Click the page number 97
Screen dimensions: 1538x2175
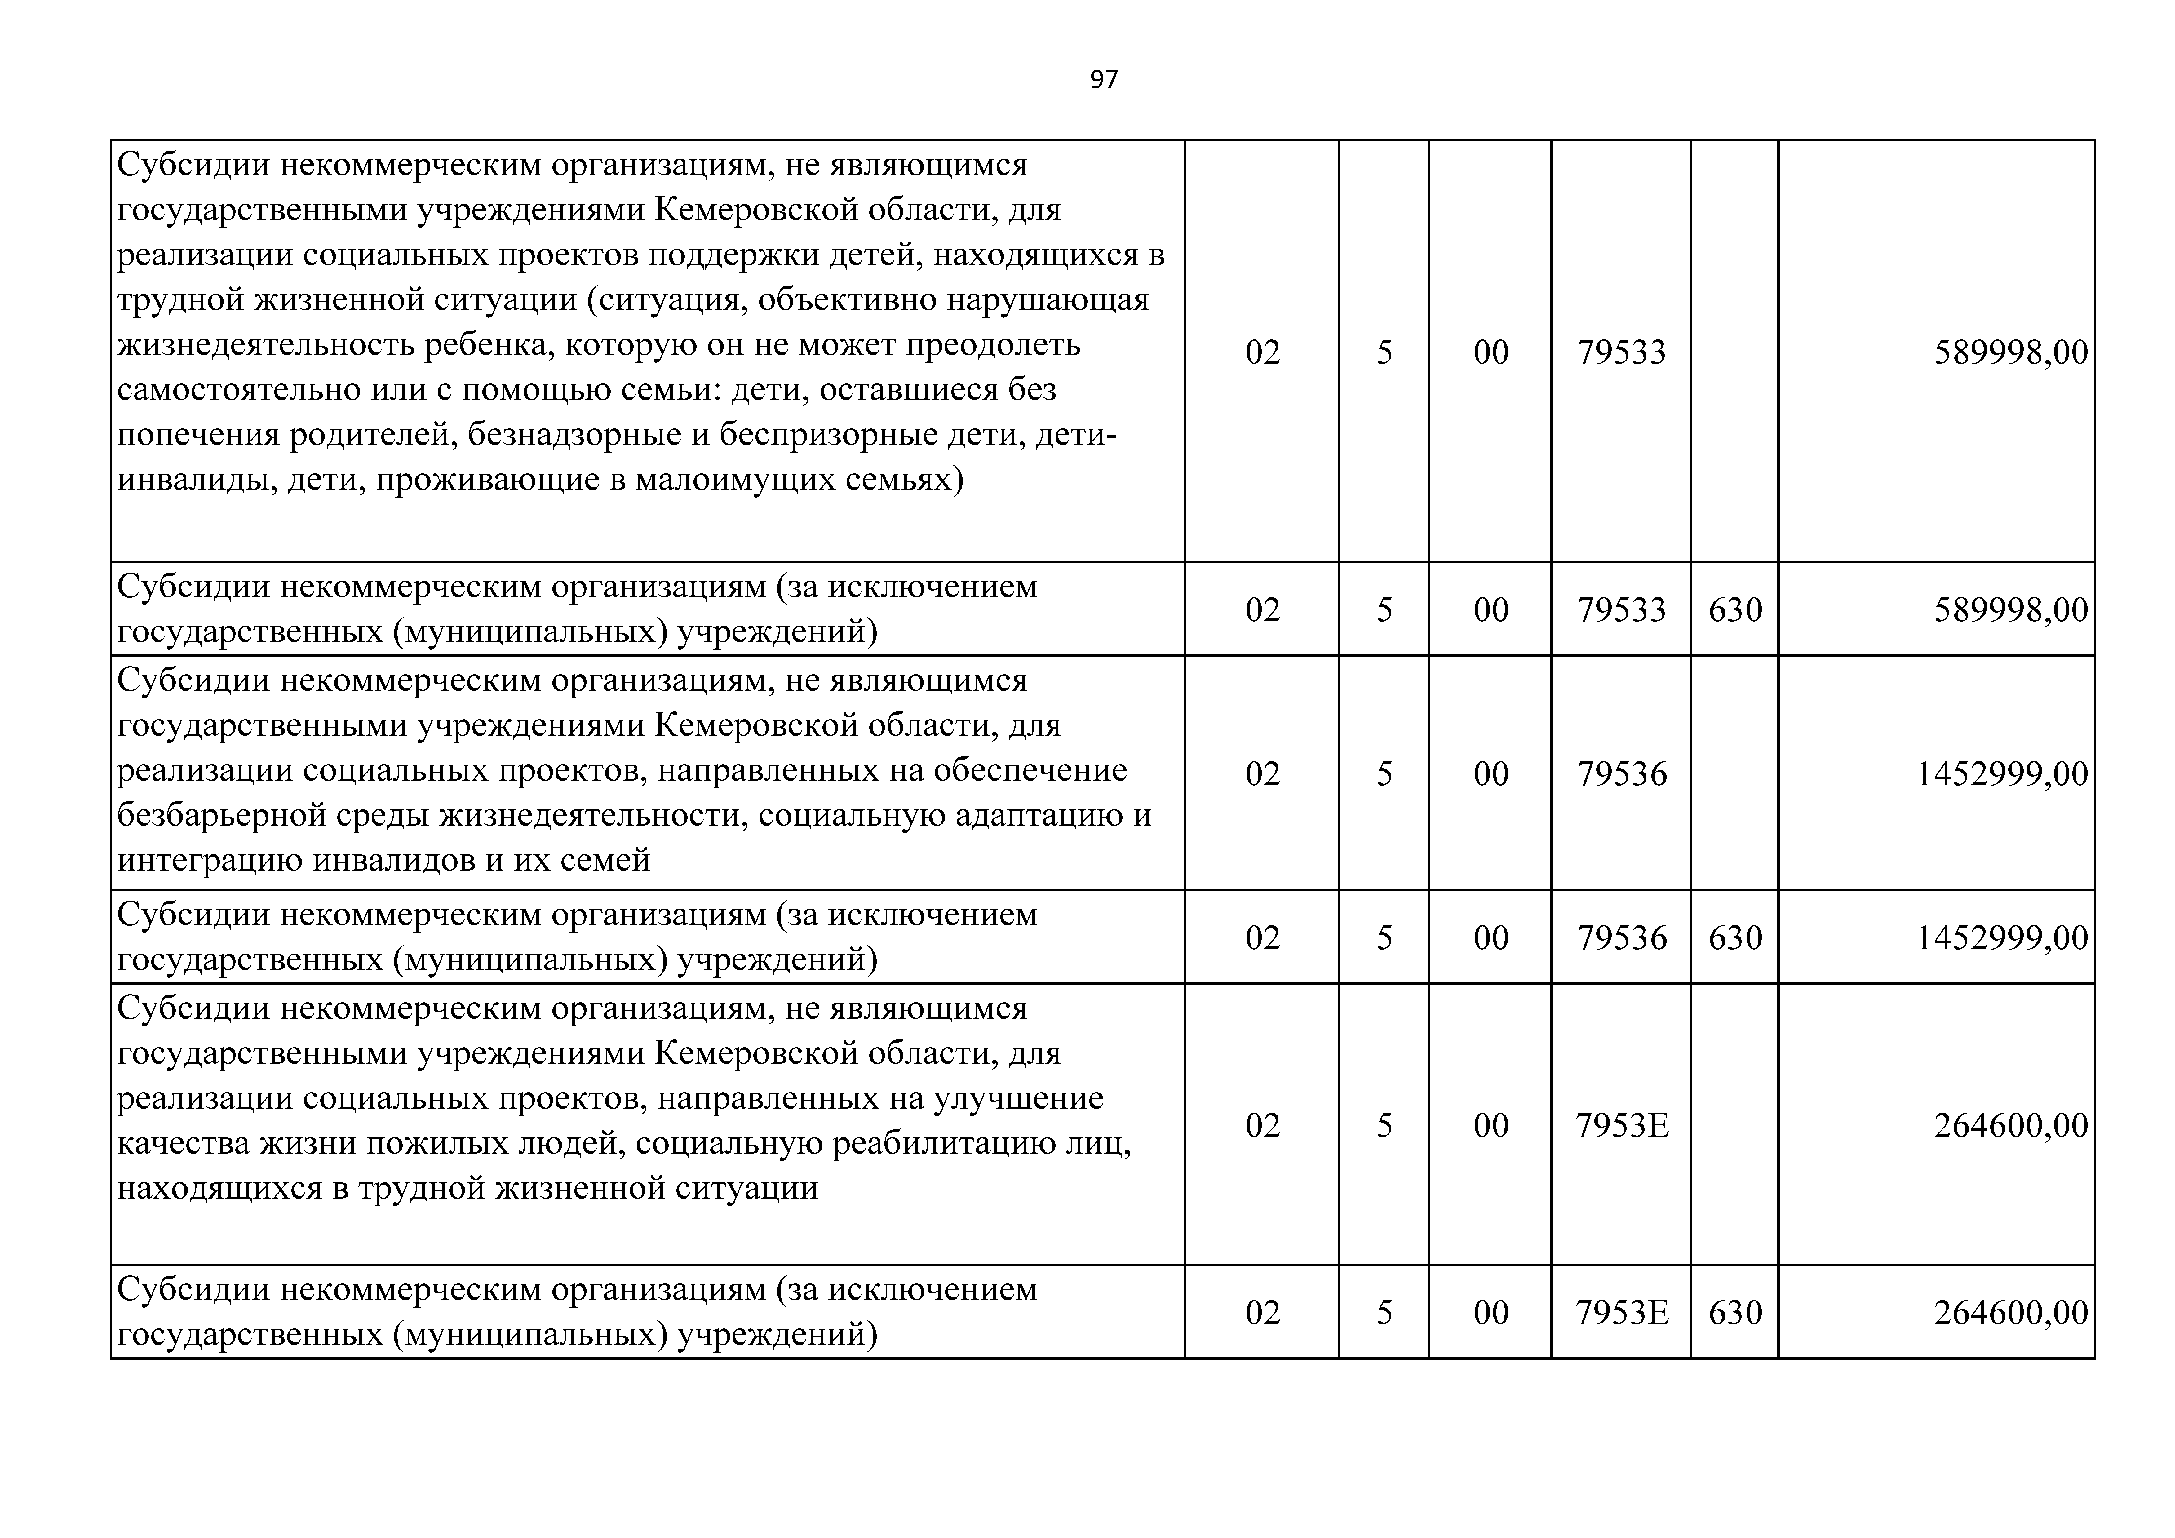(x=1104, y=80)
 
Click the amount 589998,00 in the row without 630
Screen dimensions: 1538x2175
(x=2010, y=352)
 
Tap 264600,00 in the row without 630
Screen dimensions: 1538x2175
(x=2010, y=1126)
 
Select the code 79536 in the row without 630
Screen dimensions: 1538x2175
(x=1621, y=774)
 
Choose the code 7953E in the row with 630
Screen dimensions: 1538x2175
(x=1621, y=1313)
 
